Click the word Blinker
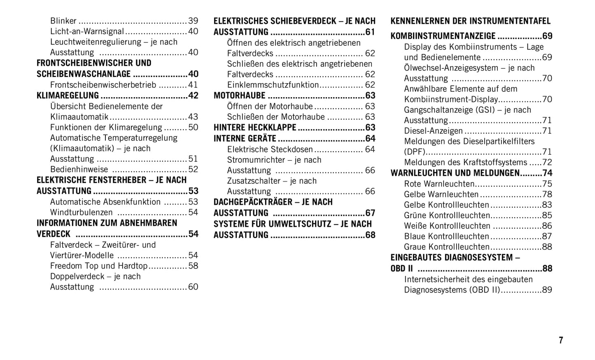[x=63, y=21]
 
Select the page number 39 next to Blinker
[x=193, y=21]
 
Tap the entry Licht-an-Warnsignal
[x=87, y=31]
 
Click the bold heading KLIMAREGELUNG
[x=68, y=96]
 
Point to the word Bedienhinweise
[x=79, y=169]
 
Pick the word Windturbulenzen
[x=82, y=212]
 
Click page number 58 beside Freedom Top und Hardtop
[x=193, y=266]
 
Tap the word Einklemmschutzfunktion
[x=273, y=85]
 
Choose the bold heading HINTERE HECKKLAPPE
[x=255, y=128]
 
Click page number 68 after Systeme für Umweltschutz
[x=370, y=235]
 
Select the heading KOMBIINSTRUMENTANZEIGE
[x=443, y=36]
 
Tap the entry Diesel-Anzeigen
[x=433, y=131]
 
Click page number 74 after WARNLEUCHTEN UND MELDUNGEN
[x=547, y=173]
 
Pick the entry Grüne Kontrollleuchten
[x=447, y=215]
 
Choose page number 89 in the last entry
[x=547, y=290]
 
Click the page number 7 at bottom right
[x=561, y=340]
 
